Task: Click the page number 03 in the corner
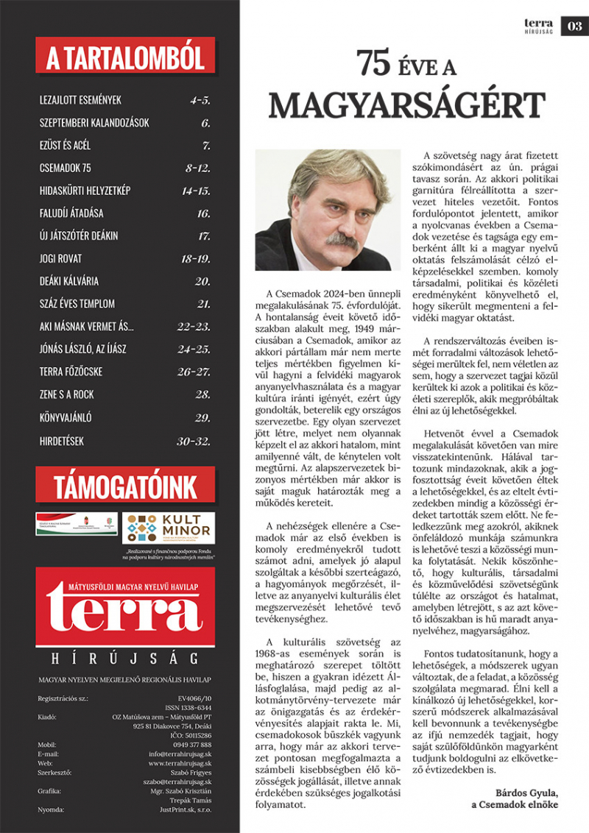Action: click(574, 27)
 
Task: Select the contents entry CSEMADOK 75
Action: click(66, 168)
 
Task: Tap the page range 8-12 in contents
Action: click(198, 168)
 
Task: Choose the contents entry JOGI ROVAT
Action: click(60, 258)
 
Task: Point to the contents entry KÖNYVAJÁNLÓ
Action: click(66, 417)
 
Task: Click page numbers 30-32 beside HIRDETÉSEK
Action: click(194, 440)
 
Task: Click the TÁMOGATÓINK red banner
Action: click(124, 486)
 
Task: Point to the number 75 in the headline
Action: click(375, 65)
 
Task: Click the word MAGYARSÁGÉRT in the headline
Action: click(406, 105)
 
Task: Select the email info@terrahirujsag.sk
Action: click(180, 754)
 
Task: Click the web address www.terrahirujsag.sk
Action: click(180, 764)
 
